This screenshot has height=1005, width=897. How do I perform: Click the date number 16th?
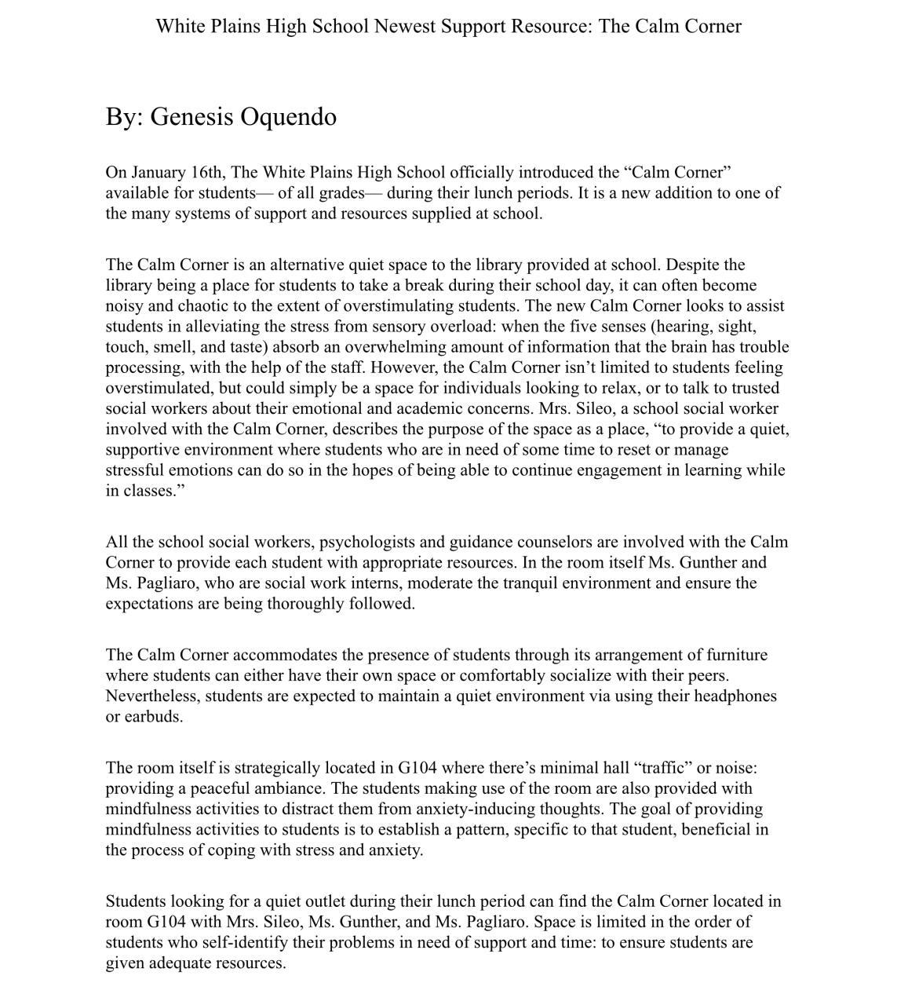coord(208,172)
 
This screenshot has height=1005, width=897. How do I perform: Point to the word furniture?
coord(736,655)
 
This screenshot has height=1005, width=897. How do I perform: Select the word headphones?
coord(737,696)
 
